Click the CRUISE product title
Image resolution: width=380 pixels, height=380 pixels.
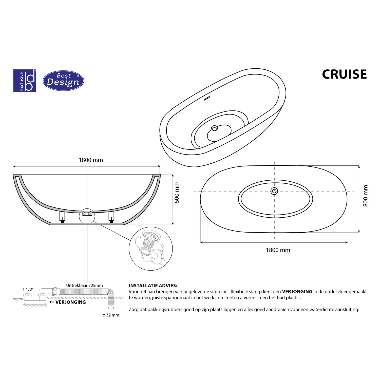point(344,74)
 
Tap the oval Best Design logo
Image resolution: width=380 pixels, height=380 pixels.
point(63,81)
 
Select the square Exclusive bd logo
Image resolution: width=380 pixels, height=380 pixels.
point(25,81)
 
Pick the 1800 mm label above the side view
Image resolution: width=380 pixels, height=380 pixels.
point(91,160)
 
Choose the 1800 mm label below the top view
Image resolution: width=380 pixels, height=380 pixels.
point(278,250)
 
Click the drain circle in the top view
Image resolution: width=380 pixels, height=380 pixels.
point(274,191)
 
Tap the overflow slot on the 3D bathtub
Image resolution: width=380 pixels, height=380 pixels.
point(207,98)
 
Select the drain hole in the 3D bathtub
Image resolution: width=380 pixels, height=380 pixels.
point(215,128)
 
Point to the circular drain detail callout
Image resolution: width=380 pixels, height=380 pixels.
point(151,249)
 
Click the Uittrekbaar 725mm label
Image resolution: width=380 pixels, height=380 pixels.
point(84,286)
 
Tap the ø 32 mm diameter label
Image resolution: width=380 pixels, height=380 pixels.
point(111,315)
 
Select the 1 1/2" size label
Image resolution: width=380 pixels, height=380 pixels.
point(28,290)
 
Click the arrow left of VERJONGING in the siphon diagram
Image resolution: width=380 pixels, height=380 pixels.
point(52,302)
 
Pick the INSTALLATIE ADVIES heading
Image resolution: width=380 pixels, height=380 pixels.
point(153,286)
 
